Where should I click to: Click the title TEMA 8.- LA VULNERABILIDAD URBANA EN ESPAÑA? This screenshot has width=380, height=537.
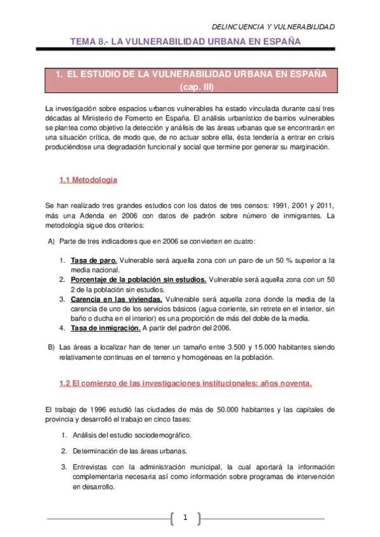[x=185, y=42]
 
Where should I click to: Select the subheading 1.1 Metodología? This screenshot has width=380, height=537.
[x=88, y=180]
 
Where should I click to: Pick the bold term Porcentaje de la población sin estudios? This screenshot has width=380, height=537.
[x=138, y=279]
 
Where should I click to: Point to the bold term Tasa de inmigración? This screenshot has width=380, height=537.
[x=105, y=327]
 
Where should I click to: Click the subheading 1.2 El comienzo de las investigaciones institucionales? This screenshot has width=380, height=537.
[x=185, y=384]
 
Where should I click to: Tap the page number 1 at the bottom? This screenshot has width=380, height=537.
[x=185, y=519]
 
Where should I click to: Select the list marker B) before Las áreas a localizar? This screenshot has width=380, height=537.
[x=51, y=347]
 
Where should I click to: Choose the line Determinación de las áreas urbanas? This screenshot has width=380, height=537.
[x=129, y=451]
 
